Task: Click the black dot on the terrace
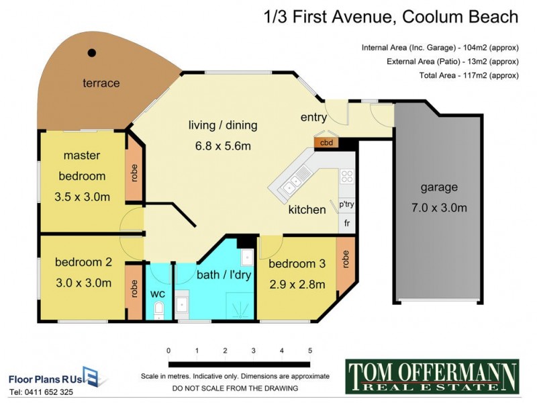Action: pyautogui.click(x=92, y=52)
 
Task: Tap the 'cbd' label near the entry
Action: pyautogui.click(x=326, y=142)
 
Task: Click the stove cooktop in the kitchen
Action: pyautogui.click(x=346, y=177)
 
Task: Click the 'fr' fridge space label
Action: pyautogui.click(x=347, y=222)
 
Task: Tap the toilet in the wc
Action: pyautogui.click(x=159, y=310)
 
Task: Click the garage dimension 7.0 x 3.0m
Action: pyautogui.click(x=440, y=208)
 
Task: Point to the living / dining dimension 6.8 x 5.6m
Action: pyautogui.click(x=222, y=145)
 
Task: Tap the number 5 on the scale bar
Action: pyautogui.click(x=310, y=351)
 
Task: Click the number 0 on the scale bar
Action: pyautogui.click(x=168, y=351)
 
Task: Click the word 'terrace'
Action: pyautogui.click(x=101, y=83)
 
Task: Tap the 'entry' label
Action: pyautogui.click(x=313, y=118)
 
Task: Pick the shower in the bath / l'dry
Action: pyautogui.click(x=239, y=306)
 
